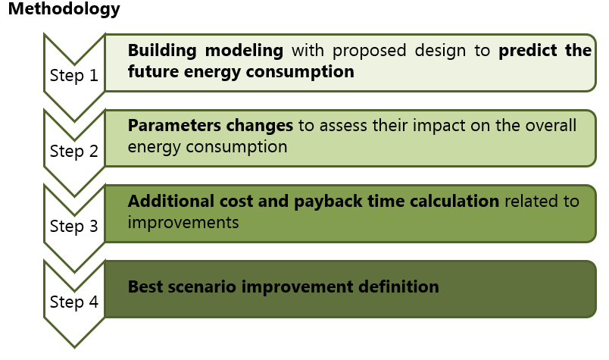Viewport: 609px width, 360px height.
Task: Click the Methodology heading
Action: click(x=64, y=10)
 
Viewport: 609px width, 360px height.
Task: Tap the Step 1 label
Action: click(x=73, y=76)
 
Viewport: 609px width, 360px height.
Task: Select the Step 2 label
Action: click(x=73, y=151)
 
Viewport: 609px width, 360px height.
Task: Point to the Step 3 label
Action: click(x=73, y=226)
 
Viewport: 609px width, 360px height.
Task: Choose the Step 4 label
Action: click(x=73, y=302)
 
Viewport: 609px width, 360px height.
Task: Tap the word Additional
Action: click(x=165, y=202)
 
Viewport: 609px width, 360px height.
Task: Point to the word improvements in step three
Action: click(x=183, y=223)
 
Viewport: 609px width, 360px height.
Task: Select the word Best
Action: click(x=144, y=287)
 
